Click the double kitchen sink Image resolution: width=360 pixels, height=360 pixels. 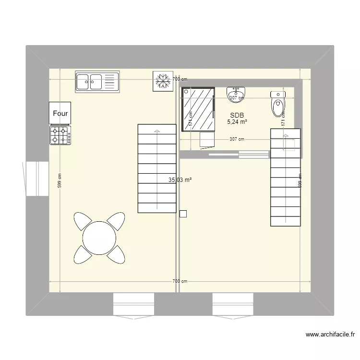click(x=97, y=82)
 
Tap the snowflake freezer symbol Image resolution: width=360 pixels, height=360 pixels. click(x=162, y=81)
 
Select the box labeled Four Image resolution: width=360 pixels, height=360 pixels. click(x=60, y=114)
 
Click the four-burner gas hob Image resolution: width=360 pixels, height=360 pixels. click(x=60, y=135)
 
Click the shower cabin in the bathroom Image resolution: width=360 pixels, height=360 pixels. click(x=198, y=109)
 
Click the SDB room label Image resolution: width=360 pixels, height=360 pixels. click(x=237, y=115)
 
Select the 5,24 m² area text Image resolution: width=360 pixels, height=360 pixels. click(x=237, y=122)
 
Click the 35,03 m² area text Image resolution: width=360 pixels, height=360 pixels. click(x=180, y=180)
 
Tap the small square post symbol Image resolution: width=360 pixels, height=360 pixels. click(x=182, y=214)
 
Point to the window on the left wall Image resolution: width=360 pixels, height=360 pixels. click(x=37, y=178)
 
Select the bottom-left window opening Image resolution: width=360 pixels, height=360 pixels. click(x=133, y=303)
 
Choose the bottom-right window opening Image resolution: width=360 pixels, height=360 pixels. click(x=233, y=303)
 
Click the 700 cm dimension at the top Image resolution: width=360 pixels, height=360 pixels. click(x=180, y=79)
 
